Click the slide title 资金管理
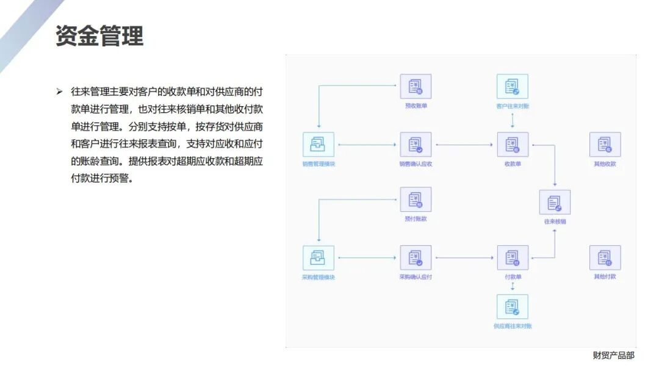click(99, 35)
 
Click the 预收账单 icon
click(416, 87)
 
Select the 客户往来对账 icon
click(513, 87)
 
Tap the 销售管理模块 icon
click(319, 145)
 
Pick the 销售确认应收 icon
click(416, 145)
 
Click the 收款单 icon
click(513, 145)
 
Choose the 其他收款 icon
click(605, 145)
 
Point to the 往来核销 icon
click(555, 203)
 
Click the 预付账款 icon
click(416, 200)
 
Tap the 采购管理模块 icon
click(319, 258)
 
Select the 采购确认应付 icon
click(416, 258)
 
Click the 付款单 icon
click(513, 258)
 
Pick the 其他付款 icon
click(605, 258)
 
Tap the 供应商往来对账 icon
click(513, 307)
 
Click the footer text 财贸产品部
click(613, 355)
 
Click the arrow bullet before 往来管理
click(59, 92)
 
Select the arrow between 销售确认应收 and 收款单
click(464, 145)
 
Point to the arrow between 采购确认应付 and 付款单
click(464, 258)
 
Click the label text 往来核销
click(555, 222)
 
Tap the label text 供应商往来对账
click(513, 326)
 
